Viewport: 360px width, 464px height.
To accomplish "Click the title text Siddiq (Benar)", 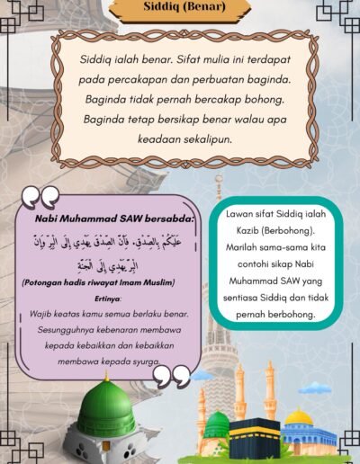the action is tap(184, 10).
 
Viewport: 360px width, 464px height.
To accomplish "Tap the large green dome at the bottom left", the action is tap(106, 410).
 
